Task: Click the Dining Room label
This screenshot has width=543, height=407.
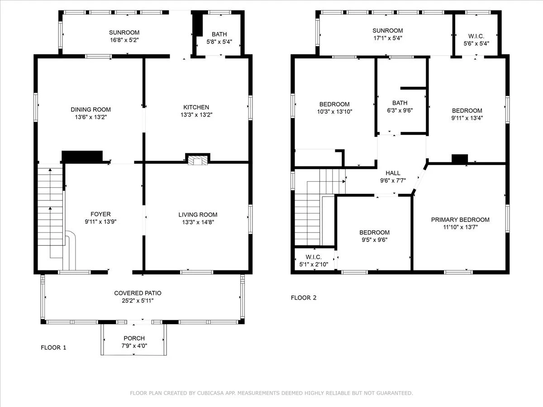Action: [91, 109]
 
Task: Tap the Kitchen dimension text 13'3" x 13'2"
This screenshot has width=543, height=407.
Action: [196, 115]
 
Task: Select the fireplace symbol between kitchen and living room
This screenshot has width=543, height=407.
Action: [198, 161]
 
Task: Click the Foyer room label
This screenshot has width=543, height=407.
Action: [100, 214]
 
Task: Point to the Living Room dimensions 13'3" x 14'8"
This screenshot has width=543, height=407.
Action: [198, 222]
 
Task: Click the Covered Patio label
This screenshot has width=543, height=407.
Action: [138, 293]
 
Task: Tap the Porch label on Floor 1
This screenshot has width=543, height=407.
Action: [134, 338]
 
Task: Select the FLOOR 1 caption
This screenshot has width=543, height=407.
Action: [53, 347]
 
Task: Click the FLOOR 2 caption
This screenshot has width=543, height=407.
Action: [304, 298]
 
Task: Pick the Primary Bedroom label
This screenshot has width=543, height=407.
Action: [460, 220]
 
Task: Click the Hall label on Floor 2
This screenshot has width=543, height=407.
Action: [393, 173]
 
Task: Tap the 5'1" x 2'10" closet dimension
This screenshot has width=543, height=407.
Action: [314, 265]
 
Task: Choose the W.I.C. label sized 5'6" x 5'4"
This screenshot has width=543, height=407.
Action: [476, 36]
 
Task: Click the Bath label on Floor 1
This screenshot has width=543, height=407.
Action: [219, 34]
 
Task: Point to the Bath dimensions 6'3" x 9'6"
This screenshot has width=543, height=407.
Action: [400, 110]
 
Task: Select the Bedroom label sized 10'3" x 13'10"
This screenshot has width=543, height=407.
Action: [334, 104]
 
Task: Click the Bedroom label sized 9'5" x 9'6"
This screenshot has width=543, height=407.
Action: [375, 232]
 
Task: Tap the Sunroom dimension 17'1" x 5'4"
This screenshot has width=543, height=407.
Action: [388, 38]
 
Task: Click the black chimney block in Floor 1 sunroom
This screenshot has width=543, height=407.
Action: [197, 25]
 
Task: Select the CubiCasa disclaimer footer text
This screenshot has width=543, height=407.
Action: [271, 393]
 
